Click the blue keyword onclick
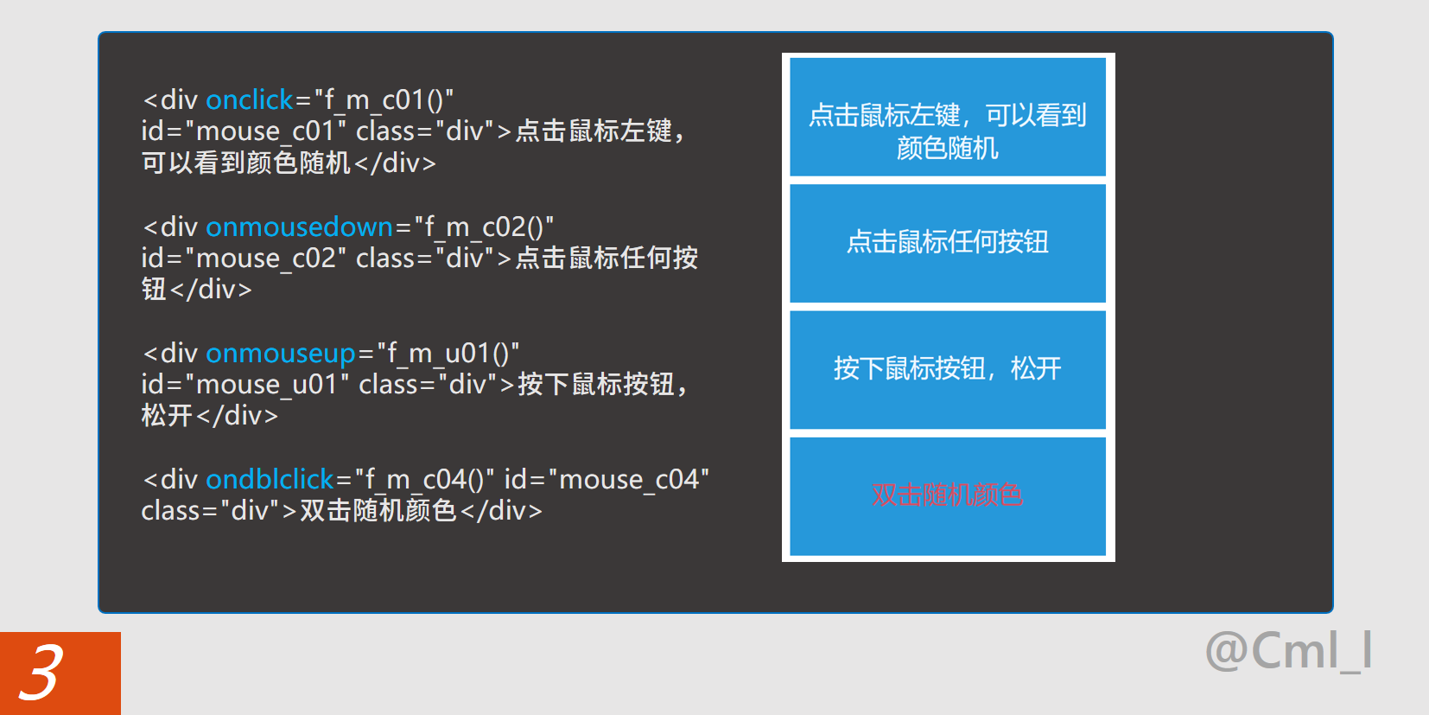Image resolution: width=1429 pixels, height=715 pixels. pyautogui.click(x=250, y=100)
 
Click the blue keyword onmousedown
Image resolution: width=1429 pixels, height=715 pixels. pyautogui.click(x=299, y=227)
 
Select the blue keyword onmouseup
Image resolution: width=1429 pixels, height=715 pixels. pyautogui.click(x=280, y=354)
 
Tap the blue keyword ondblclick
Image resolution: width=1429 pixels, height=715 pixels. pyautogui.click(x=270, y=479)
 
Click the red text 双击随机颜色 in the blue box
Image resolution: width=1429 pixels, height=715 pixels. pyautogui.click(x=947, y=495)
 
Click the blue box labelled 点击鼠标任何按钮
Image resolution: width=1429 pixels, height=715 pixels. pyautogui.click(x=947, y=243)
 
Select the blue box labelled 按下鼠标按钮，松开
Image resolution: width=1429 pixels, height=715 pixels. pyautogui.click(x=947, y=369)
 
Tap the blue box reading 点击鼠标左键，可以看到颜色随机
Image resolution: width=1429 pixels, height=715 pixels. pyautogui.click(x=947, y=117)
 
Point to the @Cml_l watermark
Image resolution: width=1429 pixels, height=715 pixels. pyautogui.click(x=1288, y=651)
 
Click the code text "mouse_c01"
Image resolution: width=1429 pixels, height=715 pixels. pyautogui.click(x=265, y=131)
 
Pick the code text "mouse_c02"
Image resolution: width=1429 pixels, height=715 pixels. pyautogui.click(x=265, y=259)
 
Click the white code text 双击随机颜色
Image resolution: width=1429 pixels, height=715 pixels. pyautogui.click(x=378, y=511)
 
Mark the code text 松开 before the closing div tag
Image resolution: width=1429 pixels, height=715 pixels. pyautogui.click(x=167, y=416)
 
